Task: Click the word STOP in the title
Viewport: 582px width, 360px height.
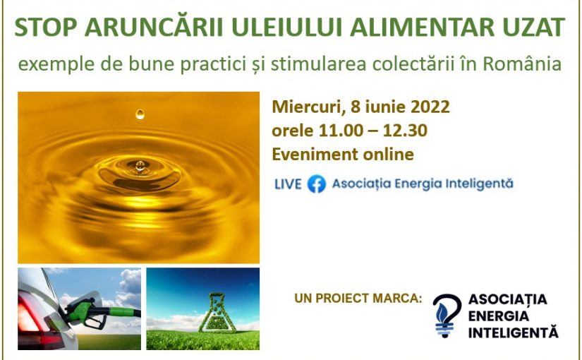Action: [45, 27]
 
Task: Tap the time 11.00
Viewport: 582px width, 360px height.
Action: [341, 131]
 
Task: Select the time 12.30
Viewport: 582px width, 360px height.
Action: [405, 131]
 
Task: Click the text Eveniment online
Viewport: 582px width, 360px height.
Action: [343, 154]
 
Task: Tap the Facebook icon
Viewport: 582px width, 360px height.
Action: [317, 184]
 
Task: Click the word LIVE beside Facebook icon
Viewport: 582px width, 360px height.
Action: [288, 184]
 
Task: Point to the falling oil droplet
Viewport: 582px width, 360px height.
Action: [140, 114]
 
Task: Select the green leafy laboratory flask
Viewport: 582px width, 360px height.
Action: [217, 313]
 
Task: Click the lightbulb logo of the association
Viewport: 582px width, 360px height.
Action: [447, 316]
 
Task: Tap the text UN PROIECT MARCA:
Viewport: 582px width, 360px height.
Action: [358, 299]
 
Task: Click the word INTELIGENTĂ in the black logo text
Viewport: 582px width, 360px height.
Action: [514, 332]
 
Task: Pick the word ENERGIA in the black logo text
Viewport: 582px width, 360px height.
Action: [499, 316]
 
